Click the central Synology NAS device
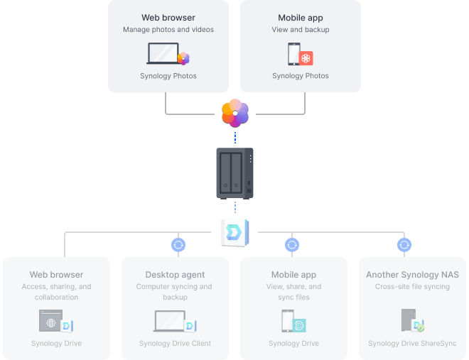point(234,173)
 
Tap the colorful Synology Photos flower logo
point(235,112)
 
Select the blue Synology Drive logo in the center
point(235,231)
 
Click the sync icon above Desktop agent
point(178,245)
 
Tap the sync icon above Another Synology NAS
point(404,245)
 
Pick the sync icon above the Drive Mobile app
point(291,245)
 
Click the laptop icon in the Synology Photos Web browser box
point(163,54)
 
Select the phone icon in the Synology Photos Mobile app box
point(293,54)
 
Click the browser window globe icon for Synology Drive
point(51,322)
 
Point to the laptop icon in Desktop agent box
point(171,322)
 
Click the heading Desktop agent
point(175,275)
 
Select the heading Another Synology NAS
point(412,275)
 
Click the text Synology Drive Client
point(175,344)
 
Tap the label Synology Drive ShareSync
point(412,344)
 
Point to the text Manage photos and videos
point(168,30)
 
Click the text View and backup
point(300,30)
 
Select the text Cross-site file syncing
point(412,287)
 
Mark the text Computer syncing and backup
point(175,292)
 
